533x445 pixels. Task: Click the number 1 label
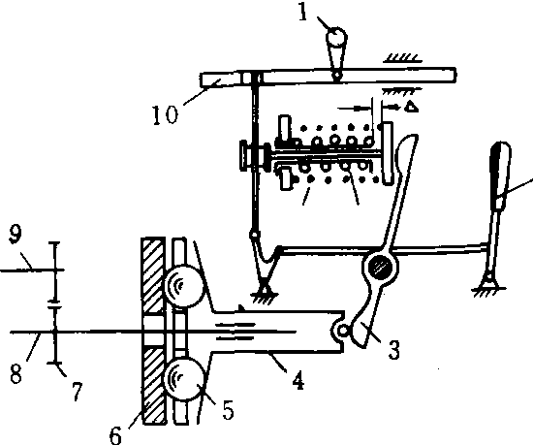[303, 13]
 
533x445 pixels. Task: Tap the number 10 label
[165, 114]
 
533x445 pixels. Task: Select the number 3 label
[393, 349]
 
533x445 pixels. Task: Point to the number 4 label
[298, 380]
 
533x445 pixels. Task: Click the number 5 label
[228, 410]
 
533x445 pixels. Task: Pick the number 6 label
[115, 434]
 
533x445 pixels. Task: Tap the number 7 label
[77, 392]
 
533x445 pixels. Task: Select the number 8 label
[16, 374]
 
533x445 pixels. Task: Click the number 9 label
[16, 234]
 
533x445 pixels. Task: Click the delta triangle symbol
[412, 107]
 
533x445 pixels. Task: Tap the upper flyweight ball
[184, 285]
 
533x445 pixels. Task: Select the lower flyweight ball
[184, 378]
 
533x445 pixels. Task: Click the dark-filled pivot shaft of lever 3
[379, 267]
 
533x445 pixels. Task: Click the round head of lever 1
[336, 37]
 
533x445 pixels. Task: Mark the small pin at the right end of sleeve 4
[344, 330]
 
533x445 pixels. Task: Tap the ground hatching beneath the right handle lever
[488, 292]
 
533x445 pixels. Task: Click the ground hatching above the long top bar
[403, 58]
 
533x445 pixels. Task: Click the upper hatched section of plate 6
[153, 275]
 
